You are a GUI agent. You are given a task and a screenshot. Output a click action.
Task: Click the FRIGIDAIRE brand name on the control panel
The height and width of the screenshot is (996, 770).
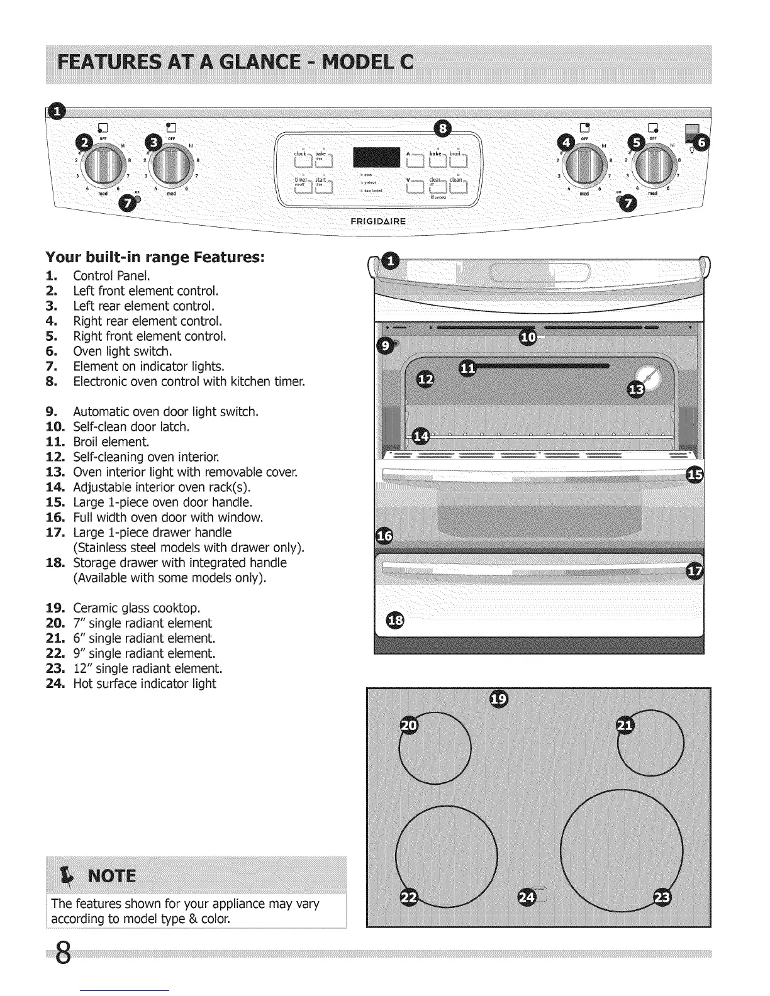coord(387,221)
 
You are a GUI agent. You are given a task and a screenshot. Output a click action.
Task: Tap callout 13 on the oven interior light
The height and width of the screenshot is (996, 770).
coord(637,390)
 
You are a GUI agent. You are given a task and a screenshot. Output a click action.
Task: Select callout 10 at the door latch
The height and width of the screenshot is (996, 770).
coord(528,338)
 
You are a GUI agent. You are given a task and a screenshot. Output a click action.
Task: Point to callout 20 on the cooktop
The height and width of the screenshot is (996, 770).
coord(409,726)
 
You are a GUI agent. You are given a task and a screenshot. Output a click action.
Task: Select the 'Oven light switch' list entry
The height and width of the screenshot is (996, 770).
coord(122,351)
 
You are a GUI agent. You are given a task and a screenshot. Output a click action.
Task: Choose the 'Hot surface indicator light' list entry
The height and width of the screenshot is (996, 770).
coord(144,684)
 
